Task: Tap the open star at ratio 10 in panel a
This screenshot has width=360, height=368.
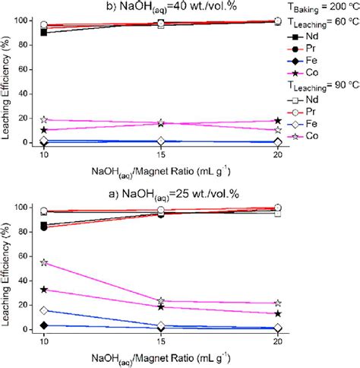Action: [44, 262]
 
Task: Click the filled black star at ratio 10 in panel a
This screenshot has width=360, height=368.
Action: [44, 290]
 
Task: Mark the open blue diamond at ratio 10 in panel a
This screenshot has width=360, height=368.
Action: [44, 310]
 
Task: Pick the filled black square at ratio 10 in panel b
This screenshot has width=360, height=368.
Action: [44, 33]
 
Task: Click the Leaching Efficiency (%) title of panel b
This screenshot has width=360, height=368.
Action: [7, 81]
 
